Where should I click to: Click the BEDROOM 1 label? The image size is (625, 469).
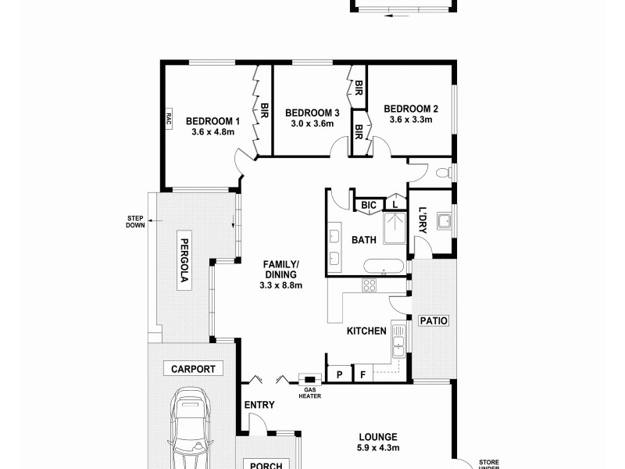point(212,121)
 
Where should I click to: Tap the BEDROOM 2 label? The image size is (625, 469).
point(410,109)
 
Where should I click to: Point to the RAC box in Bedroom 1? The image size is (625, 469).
point(167,119)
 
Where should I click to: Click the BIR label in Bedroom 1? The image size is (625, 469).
point(264,111)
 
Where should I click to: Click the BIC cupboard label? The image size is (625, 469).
point(369,206)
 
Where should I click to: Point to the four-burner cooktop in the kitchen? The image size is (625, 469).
point(369,285)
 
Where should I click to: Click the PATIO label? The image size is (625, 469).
point(433,320)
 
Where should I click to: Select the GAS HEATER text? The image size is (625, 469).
point(310,392)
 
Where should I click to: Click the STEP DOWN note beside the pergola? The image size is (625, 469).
point(136,222)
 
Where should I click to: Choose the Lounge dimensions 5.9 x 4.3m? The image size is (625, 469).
point(379,448)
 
